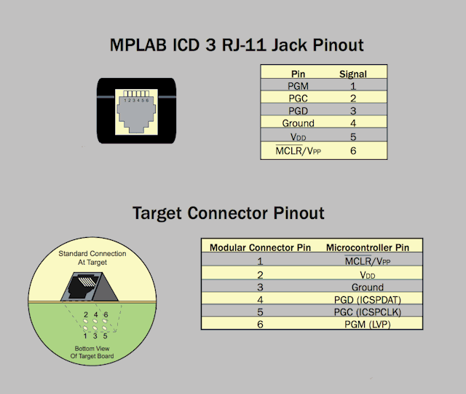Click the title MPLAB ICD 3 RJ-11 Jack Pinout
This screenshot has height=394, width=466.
click(x=237, y=45)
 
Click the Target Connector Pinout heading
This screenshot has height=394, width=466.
click(x=228, y=213)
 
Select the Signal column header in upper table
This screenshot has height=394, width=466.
click(x=352, y=74)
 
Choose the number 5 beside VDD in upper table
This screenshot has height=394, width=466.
click(x=352, y=136)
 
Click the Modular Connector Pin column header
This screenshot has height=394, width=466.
click(x=260, y=247)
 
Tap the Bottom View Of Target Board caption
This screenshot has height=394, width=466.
click(x=91, y=352)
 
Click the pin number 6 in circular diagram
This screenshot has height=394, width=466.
click(x=106, y=314)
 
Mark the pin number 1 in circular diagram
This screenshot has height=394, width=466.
click(x=86, y=336)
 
